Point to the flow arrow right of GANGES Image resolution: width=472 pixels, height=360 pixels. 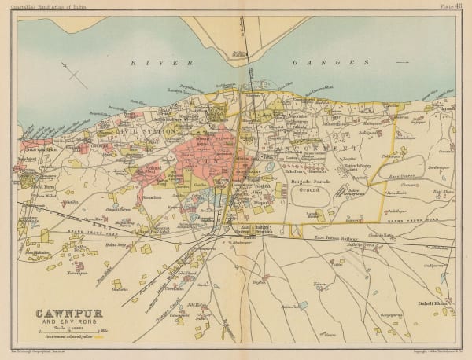pyautogui.click(x=403, y=62)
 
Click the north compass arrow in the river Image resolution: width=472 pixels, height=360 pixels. pyautogui.click(x=76, y=77)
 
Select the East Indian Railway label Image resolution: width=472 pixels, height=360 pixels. pyautogui.click(x=337, y=237)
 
